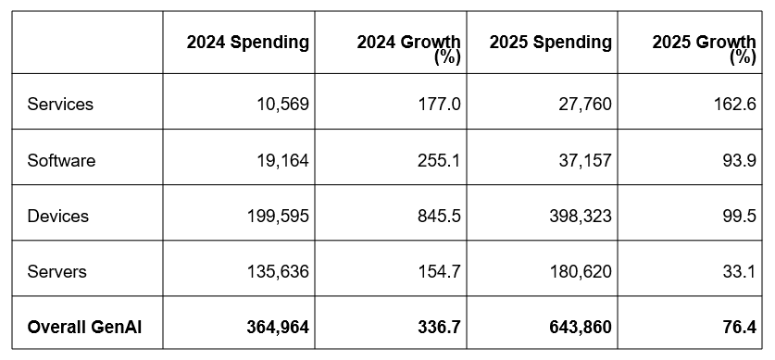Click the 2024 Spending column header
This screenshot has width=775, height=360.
pyautogui.click(x=247, y=43)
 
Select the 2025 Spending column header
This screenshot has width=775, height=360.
pyautogui.click(x=551, y=43)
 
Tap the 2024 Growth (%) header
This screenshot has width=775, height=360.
pyautogui.click(x=408, y=49)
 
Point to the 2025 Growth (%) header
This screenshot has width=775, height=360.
pyautogui.click(x=705, y=49)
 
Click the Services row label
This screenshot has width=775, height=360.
pyautogui.click(x=60, y=105)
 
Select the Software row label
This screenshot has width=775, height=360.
pyautogui.click(x=61, y=160)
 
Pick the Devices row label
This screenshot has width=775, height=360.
pyautogui.click(x=58, y=216)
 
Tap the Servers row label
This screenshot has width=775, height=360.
pyautogui.click(x=57, y=271)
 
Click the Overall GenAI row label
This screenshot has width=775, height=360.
pyautogui.click(x=84, y=327)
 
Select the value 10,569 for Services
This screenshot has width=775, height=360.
pyautogui.click(x=282, y=105)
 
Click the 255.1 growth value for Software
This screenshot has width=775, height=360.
pyautogui.click(x=439, y=160)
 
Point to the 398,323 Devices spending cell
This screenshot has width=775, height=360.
pyautogui.click(x=581, y=216)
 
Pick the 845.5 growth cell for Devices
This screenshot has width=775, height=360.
pyautogui.click(x=439, y=216)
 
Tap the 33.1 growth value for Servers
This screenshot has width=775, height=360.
pyautogui.click(x=740, y=271)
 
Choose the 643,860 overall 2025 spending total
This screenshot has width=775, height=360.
pyautogui.click(x=581, y=327)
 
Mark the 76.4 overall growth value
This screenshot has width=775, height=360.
pyautogui.click(x=740, y=327)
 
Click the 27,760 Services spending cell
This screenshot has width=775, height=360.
pyautogui.click(x=586, y=105)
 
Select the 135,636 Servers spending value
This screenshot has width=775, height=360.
pyautogui.click(x=279, y=271)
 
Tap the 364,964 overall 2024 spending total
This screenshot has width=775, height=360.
pyautogui.click(x=278, y=327)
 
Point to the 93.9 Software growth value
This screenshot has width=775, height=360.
pyautogui.click(x=740, y=160)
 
